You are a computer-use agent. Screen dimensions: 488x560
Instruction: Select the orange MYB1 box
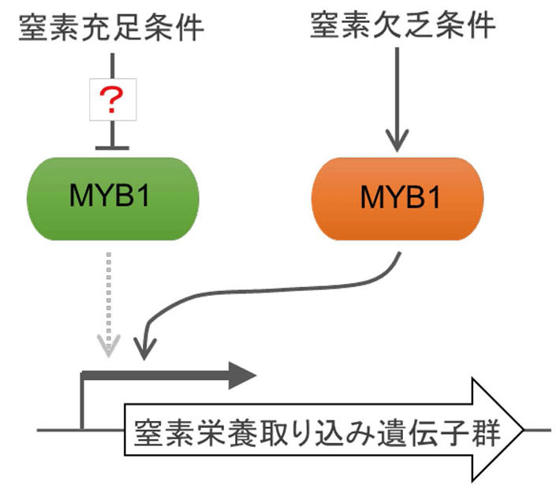398,197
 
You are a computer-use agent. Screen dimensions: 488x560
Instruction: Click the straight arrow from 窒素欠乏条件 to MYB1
398,95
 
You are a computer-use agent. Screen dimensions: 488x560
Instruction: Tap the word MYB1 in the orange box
398,197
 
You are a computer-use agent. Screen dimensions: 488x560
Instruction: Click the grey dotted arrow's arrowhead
108,345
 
